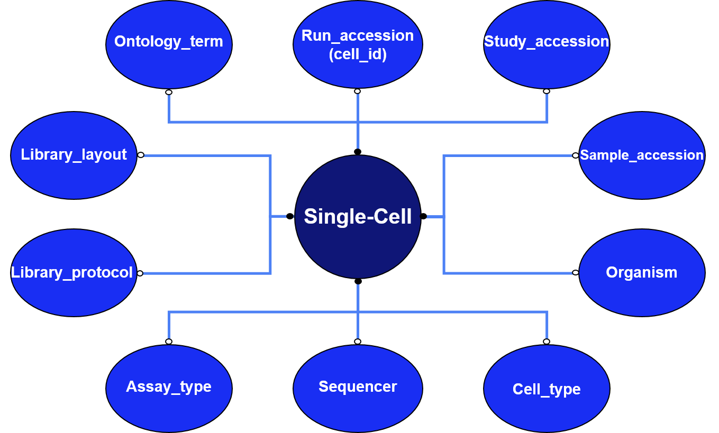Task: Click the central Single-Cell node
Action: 358,217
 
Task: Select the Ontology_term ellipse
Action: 169,44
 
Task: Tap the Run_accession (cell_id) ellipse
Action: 358,44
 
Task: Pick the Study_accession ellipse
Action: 547,44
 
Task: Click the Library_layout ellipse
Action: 74,155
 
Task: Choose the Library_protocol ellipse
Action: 74,273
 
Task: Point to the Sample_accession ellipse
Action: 642,155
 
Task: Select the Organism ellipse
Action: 642,273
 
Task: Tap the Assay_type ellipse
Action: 169,389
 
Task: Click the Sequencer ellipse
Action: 358,389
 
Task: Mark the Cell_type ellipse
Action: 547,389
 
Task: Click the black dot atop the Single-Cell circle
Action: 358,152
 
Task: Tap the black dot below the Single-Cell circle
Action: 358,281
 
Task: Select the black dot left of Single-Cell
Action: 290,216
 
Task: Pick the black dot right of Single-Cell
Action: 423,216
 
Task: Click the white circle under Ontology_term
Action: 169,93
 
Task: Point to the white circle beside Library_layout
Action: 141,155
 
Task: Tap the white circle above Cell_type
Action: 547,341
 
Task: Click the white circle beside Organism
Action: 576,273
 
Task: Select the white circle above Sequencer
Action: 358,341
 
